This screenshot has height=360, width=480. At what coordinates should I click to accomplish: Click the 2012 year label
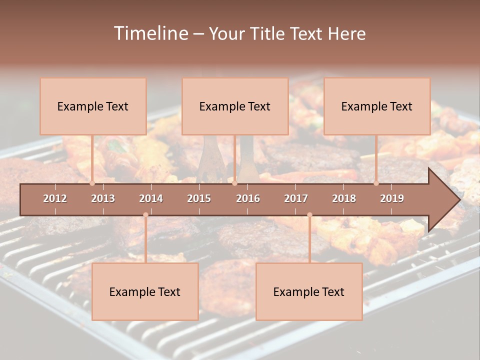point(55,198)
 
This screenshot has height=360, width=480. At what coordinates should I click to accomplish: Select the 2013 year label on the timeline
point(103,198)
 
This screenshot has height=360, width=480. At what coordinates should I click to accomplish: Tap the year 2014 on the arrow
point(151,198)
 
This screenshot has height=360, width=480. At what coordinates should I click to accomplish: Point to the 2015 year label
point(199,198)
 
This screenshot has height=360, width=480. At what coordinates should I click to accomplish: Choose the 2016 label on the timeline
point(248,198)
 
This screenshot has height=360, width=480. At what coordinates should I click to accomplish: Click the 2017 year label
point(296,198)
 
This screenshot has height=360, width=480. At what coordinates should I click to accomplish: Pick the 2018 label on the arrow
point(344,198)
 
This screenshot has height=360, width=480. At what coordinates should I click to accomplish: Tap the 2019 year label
point(392,198)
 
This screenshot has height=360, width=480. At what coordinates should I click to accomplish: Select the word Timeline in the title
point(150,33)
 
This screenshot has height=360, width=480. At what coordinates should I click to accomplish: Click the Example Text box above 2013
point(93,106)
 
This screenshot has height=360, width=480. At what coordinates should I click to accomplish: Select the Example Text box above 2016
point(235,106)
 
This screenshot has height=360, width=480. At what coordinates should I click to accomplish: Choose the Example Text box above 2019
point(377,106)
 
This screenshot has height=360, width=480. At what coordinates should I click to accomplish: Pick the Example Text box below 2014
point(145,292)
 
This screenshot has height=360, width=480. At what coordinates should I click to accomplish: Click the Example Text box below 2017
point(309,292)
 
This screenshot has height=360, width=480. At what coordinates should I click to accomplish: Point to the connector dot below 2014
point(145,215)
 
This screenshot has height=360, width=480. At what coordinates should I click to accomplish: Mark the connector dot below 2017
point(309,215)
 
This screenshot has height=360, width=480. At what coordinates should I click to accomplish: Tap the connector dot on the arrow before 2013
point(92,183)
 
